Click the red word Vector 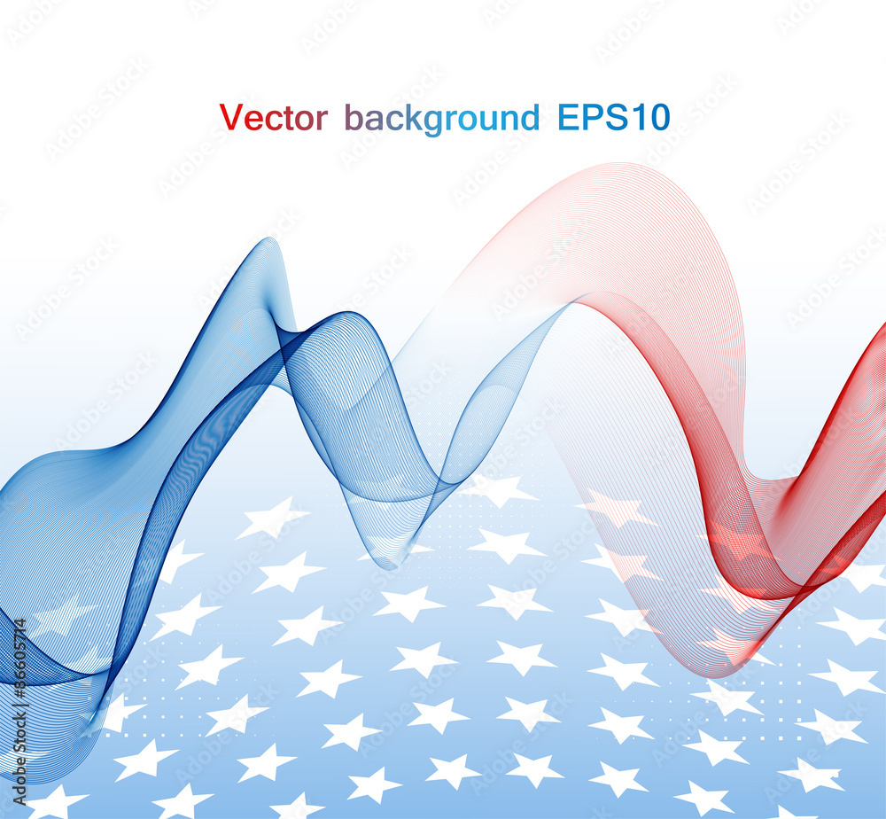[273, 118]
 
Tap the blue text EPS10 [613, 118]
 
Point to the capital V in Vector [230, 118]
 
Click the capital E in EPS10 [568, 118]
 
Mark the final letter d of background [530, 118]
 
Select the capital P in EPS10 [589, 118]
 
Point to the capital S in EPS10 [612, 118]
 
